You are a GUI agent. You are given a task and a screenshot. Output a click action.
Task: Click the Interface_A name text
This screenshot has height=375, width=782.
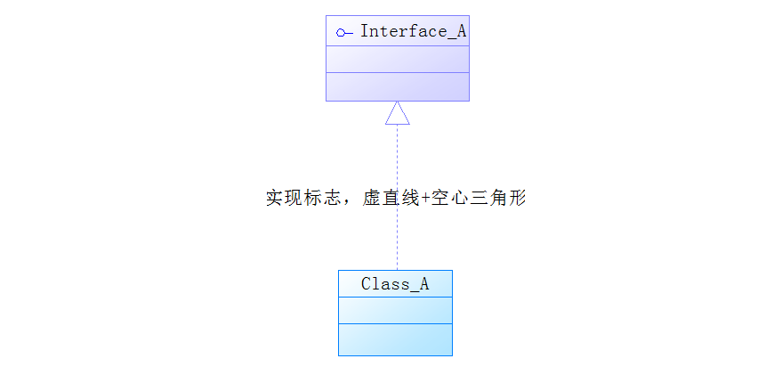(413, 31)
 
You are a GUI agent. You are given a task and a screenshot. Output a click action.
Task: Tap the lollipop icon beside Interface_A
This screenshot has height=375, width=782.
(344, 33)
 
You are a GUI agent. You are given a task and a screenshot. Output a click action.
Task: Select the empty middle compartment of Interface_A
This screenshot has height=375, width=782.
(397, 59)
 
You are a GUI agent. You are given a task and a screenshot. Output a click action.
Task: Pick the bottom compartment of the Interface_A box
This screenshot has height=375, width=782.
(397, 86)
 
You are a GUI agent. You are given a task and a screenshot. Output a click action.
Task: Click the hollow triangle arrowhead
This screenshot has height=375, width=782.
(397, 113)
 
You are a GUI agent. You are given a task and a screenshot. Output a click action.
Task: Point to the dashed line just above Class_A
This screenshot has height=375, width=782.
(397, 254)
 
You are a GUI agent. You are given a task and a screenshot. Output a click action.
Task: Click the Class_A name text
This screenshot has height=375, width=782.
(395, 284)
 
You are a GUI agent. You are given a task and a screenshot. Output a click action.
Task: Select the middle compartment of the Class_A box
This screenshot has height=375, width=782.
(395, 310)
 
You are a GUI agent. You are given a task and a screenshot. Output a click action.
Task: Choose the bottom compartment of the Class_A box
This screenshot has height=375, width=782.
(395, 339)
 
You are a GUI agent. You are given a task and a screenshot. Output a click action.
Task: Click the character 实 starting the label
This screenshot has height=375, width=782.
(275, 198)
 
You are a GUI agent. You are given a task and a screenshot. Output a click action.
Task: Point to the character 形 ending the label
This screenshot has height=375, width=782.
(517, 198)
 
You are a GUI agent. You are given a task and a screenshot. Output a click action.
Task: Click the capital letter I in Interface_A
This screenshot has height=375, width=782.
(365, 31)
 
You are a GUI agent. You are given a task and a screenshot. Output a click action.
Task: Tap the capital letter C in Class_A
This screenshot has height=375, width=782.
(367, 284)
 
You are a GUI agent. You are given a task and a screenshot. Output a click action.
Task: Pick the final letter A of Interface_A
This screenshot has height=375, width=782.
(461, 31)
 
